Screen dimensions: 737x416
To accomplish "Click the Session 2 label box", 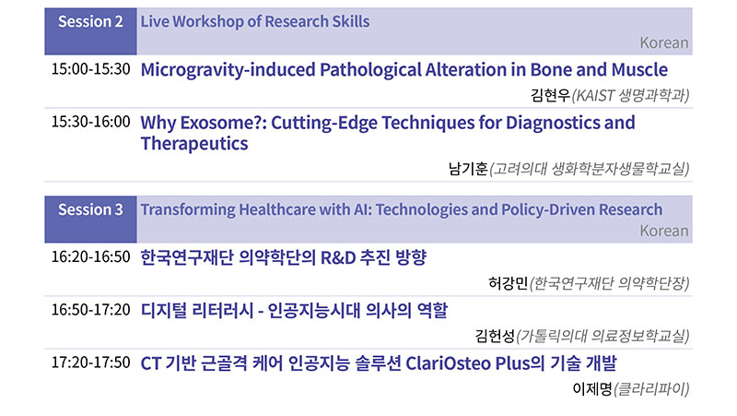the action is pos(90,31).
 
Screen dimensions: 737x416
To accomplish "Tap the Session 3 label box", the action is pos(90,220).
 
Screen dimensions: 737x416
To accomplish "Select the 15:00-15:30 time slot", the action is pos(90,68).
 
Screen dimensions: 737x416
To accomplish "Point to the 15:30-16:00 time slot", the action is pos(90,122).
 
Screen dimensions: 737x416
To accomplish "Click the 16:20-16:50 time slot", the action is pos(90,256).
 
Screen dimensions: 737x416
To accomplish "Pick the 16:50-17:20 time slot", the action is pos(90,309).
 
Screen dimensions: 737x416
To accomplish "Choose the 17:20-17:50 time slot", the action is pos(90,362).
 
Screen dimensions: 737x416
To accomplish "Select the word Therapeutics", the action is pos(194,144).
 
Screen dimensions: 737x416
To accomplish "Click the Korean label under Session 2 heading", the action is pos(663,42).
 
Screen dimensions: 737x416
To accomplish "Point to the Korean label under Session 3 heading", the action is pos(663,231).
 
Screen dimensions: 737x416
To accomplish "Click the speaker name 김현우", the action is pos(550,96).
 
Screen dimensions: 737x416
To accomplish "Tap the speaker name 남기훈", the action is pos(468,169).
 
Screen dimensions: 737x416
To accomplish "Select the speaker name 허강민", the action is pos(509,283).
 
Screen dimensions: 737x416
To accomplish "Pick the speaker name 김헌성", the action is pos(495,336).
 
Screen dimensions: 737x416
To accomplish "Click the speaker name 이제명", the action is pos(592,388).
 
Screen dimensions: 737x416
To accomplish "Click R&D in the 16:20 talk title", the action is pos(337,258).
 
